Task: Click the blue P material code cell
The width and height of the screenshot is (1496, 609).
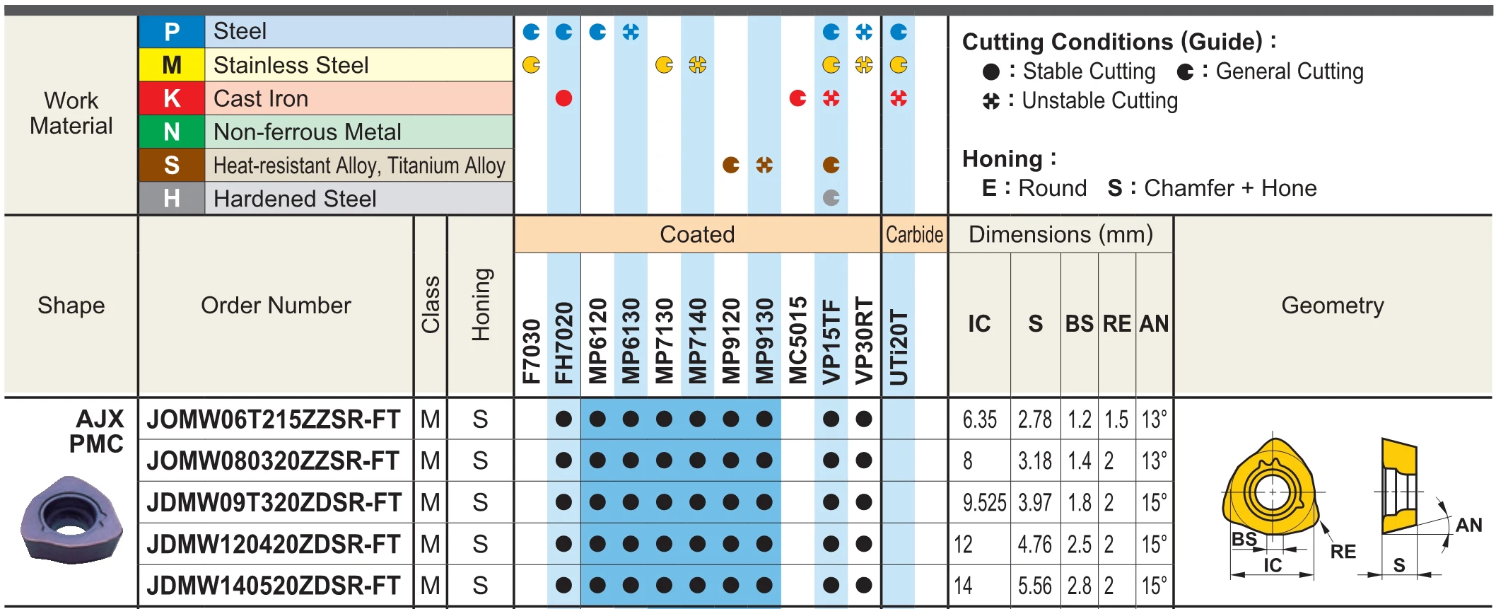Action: pos(172,32)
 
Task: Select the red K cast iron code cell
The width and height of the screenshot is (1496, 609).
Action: pos(172,98)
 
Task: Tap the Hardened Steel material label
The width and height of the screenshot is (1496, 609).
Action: pos(295,199)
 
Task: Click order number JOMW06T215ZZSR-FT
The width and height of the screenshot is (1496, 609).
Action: pos(274,419)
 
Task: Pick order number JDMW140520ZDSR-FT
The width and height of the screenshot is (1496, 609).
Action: pos(274,586)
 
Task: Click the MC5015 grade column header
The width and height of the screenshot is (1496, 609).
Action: pos(797,340)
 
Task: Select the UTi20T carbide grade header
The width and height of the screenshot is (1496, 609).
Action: pos(899,347)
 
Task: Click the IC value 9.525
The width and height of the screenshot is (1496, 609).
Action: pos(983,503)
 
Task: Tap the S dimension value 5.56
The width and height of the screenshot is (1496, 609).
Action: pos(1035,586)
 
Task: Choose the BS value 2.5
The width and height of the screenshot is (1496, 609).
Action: pos(1080,545)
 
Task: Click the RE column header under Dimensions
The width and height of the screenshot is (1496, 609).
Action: pos(1117,324)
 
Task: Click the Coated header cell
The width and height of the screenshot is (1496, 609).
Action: pos(697,235)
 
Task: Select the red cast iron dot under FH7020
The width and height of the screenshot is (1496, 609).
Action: pos(563,98)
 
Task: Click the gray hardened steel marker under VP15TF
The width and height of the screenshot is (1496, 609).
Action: pos(831,198)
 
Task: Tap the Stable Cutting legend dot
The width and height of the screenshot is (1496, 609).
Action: pos(991,72)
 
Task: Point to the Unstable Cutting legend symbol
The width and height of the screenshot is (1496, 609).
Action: pos(991,102)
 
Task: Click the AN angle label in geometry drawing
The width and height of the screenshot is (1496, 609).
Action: pos(1468,525)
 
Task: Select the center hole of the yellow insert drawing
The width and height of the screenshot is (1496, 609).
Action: pos(1273,492)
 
